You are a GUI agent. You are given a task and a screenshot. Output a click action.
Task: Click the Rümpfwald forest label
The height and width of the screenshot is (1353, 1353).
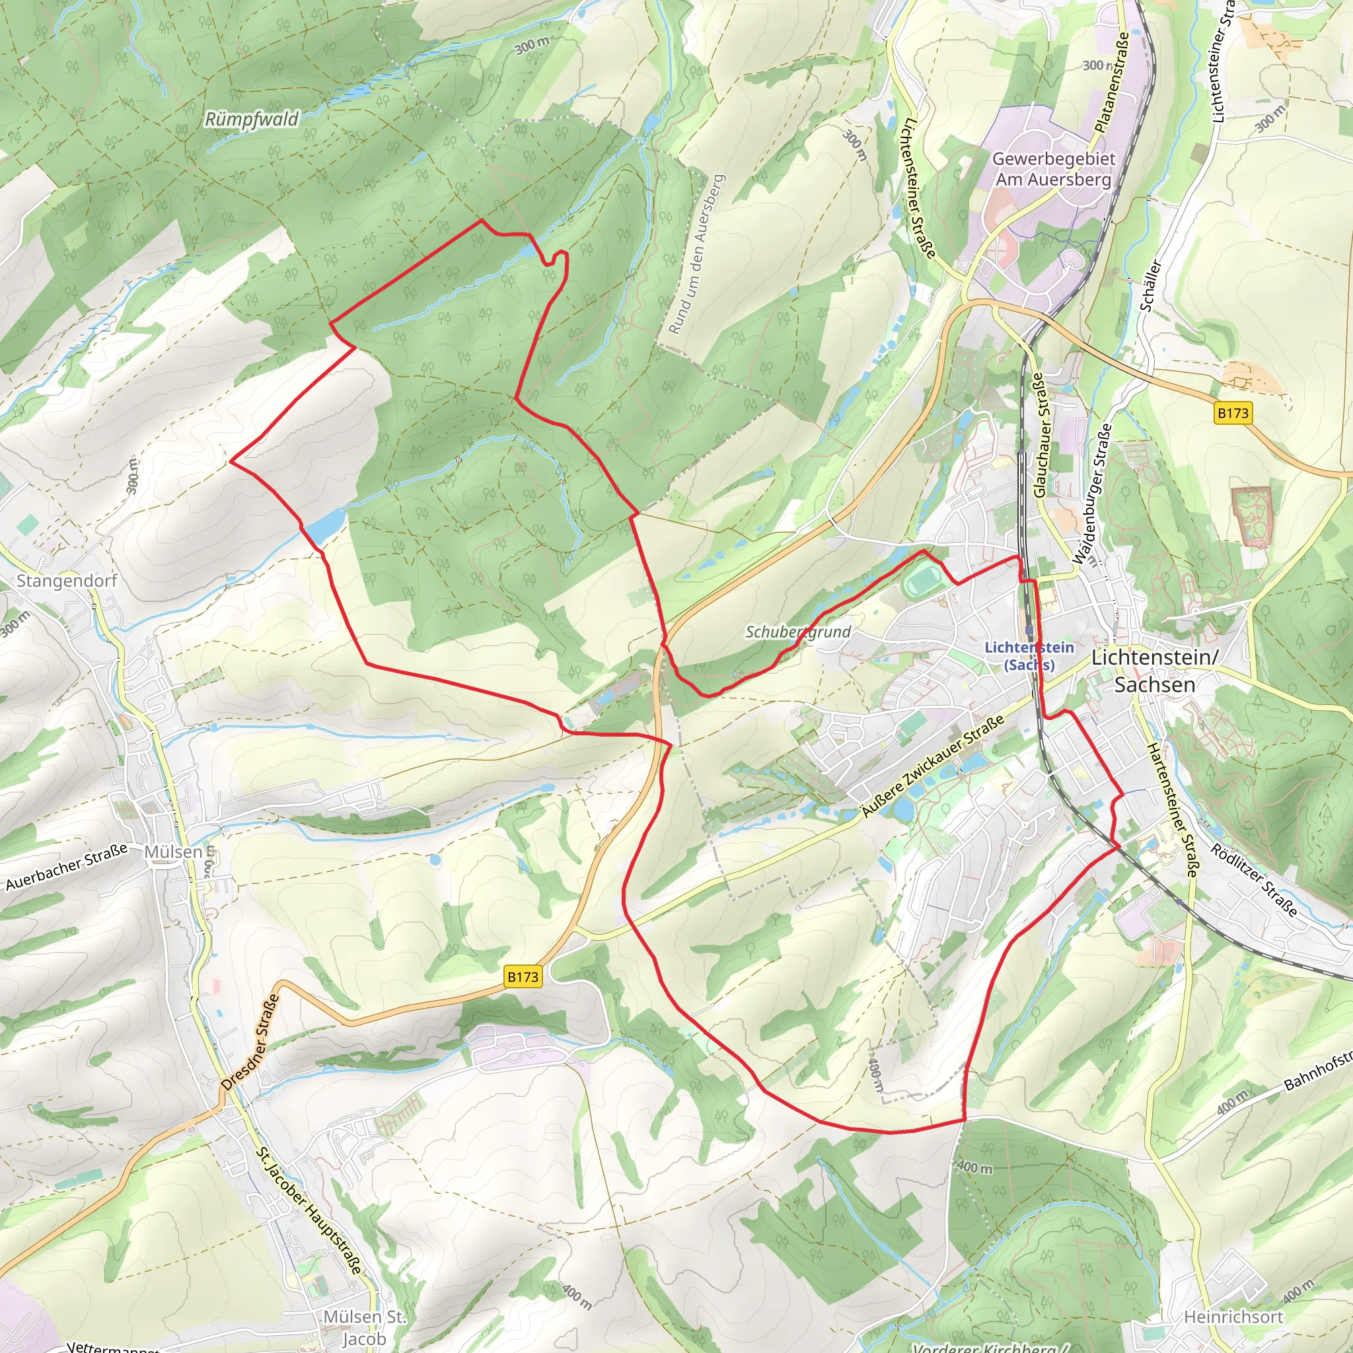point(252,119)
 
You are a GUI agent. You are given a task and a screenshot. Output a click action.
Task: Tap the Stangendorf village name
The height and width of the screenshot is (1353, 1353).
point(67,581)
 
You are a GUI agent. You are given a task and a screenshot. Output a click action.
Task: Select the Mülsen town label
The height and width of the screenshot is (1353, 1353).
point(173,852)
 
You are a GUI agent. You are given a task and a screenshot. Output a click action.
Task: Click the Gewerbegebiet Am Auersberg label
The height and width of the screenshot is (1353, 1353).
point(1053,168)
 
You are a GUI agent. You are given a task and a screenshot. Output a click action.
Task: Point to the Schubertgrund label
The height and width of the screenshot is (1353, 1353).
point(797,632)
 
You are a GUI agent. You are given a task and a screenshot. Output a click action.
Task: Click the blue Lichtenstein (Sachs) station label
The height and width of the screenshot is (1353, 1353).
point(1029,655)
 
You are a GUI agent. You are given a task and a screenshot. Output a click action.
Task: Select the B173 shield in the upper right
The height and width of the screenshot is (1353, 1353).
point(1233,413)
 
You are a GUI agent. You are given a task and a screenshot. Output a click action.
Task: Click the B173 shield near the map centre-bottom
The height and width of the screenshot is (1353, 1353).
point(523,977)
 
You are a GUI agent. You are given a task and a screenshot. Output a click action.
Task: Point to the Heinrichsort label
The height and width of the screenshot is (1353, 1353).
point(1233,1317)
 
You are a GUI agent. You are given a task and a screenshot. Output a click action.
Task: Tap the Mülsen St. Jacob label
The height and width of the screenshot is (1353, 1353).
point(364,1327)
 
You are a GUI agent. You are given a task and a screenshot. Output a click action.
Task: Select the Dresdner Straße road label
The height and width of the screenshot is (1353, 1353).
point(250,1042)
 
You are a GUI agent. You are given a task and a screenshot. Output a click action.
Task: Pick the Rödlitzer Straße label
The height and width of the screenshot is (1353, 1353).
point(1253,881)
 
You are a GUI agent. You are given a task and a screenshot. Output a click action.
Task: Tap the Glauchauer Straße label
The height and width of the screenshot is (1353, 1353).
point(1040,434)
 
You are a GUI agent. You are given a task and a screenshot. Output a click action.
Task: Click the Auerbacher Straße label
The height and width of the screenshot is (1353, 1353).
point(67,867)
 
